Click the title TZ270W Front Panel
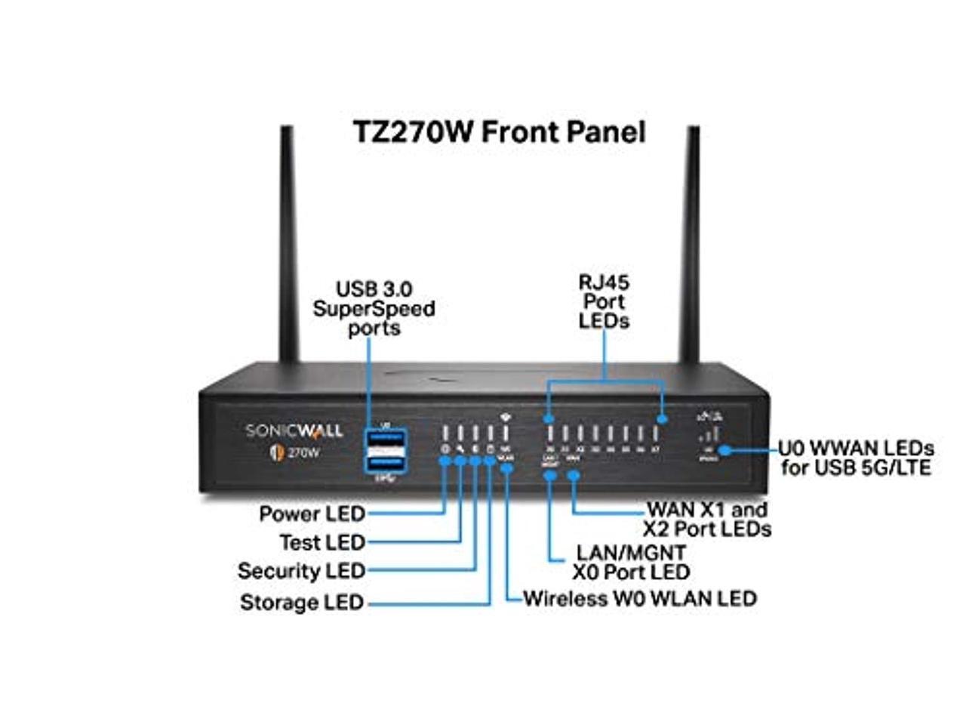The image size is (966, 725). (500, 132)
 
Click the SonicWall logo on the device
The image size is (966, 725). (294, 431)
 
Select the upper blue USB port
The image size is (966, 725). (385, 439)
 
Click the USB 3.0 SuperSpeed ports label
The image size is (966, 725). (374, 308)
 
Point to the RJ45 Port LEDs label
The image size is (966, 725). (604, 301)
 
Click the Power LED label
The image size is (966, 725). (312, 514)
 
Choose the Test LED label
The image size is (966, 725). (321, 542)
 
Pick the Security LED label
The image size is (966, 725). (301, 571)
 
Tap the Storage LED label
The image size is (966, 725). (301, 603)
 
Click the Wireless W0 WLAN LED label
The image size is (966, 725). (640, 599)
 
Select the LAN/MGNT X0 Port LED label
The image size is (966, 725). (631, 563)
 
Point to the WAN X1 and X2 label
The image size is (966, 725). (707, 519)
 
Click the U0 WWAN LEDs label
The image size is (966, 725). (857, 458)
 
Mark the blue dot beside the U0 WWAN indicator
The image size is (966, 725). (724, 450)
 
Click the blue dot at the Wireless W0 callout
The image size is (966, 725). (506, 468)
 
